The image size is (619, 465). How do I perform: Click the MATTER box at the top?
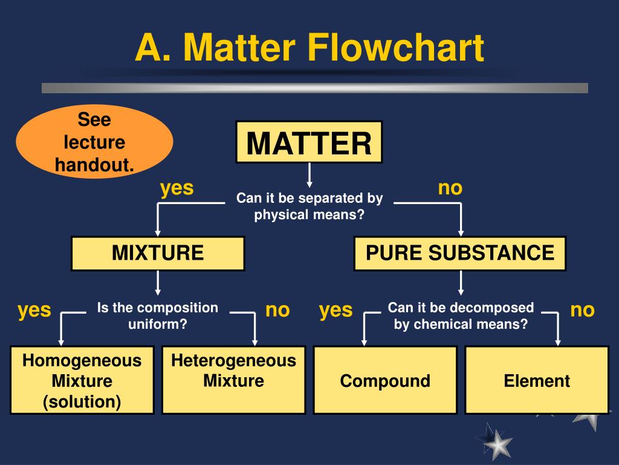pyautogui.click(x=309, y=143)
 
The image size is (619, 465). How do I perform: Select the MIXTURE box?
pyautogui.click(x=158, y=253)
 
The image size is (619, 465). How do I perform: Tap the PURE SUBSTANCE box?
pyautogui.click(x=460, y=253)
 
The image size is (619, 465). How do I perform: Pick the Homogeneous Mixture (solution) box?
pyautogui.click(x=82, y=381)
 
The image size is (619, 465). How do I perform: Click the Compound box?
pyautogui.click(x=385, y=381)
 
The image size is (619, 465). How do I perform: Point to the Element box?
pyautogui.click(x=537, y=381)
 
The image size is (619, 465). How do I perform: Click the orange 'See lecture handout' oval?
pyautogui.click(x=94, y=142)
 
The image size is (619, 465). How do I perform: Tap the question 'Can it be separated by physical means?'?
pyautogui.click(x=309, y=206)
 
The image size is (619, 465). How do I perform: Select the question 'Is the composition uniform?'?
pyautogui.click(x=158, y=315)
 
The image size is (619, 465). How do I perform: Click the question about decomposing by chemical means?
pyautogui.click(x=461, y=315)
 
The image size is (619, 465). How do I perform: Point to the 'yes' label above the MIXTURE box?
pyautogui.click(x=177, y=188)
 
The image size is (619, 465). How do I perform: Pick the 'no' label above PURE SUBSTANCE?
pyautogui.click(x=450, y=188)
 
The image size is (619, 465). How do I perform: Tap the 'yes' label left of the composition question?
pyautogui.click(x=34, y=310)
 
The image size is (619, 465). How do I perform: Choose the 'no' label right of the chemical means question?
pyautogui.click(x=583, y=310)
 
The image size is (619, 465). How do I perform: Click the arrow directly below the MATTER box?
pyautogui.click(x=309, y=176)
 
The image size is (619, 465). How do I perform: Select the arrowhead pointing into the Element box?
pyautogui.click(x=557, y=340)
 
